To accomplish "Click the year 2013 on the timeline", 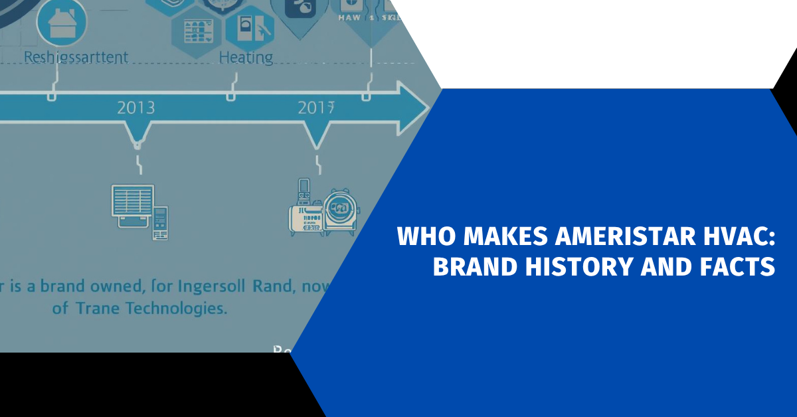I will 135,107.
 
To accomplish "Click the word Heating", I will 246,58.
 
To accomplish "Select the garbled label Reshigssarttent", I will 76,57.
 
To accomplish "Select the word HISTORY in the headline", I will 576,266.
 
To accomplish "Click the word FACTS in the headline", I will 737,266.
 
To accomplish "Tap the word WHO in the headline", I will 422,236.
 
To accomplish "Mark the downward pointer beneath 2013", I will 136,141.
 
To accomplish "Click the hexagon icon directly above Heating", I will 250,27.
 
